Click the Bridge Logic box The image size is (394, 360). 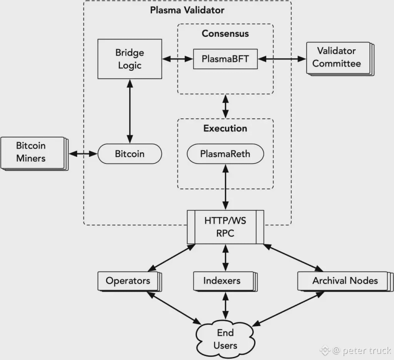[x=130, y=59]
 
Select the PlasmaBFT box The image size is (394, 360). [x=225, y=59]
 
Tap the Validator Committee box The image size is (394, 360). [x=340, y=59]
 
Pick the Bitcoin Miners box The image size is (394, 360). [x=34, y=154]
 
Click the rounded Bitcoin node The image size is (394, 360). [x=130, y=154]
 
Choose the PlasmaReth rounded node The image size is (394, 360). [x=225, y=154]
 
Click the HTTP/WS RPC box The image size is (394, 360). [x=225, y=227]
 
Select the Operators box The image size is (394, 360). [x=130, y=282]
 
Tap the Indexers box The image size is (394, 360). [x=225, y=282]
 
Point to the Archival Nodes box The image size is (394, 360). [x=346, y=282]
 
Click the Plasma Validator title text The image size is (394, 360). [x=187, y=10]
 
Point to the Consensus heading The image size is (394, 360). [x=225, y=33]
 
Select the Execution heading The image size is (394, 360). [x=225, y=128]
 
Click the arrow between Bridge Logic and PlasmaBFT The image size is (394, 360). [x=178, y=59]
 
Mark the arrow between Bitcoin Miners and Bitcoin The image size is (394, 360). [x=83, y=154]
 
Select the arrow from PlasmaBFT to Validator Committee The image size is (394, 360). [x=282, y=59]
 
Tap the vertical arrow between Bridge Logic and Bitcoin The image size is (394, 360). [x=130, y=111]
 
